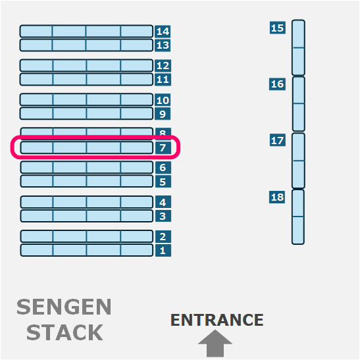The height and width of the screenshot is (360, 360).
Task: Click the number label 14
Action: [163, 31]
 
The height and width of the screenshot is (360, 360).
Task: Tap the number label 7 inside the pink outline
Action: [163, 147]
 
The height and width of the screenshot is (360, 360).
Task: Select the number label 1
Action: [163, 250]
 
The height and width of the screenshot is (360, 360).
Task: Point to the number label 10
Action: [163, 100]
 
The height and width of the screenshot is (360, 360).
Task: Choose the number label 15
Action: [278, 28]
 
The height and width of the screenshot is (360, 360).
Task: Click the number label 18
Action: [277, 197]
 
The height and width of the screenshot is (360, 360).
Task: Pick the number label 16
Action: [277, 84]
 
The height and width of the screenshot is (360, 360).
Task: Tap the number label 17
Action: [278, 140]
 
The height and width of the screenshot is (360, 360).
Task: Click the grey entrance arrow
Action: [215, 344]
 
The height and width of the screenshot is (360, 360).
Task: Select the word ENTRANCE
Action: [217, 320]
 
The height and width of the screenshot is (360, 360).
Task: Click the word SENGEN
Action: [64, 307]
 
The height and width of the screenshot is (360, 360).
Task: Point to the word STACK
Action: [64, 332]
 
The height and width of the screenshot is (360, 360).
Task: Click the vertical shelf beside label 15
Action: [299, 47]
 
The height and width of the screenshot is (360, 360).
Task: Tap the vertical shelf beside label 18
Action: [298, 217]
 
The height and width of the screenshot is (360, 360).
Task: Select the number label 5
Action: [163, 182]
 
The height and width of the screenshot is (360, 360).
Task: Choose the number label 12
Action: [163, 66]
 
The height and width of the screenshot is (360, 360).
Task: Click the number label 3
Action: [163, 216]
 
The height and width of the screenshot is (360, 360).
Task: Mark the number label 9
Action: [163, 114]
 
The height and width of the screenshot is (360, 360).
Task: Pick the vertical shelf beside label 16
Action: [299, 104]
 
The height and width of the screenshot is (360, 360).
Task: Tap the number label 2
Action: [163, 236]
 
